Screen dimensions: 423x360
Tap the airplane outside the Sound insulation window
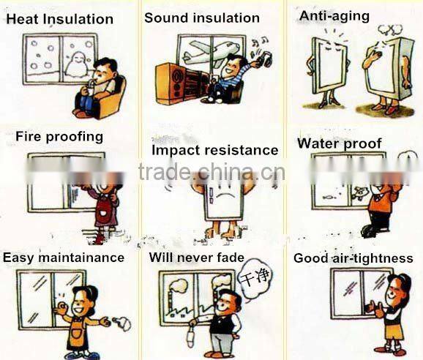pyautogui.click(x=211, y=53)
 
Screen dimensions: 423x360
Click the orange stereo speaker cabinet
pyautogui.click(x=179, y=83)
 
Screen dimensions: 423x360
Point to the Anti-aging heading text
pyautogui.click(x=334, y=16)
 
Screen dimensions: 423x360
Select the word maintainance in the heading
pyautogui.click(x=81, y=258)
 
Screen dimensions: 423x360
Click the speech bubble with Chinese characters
pyautogui.click(x=255, y=278)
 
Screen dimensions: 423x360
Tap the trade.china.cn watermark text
pyautogui.click(x=211, y=171)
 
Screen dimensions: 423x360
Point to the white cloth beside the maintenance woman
pyautogui.click(x=123, y=323)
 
